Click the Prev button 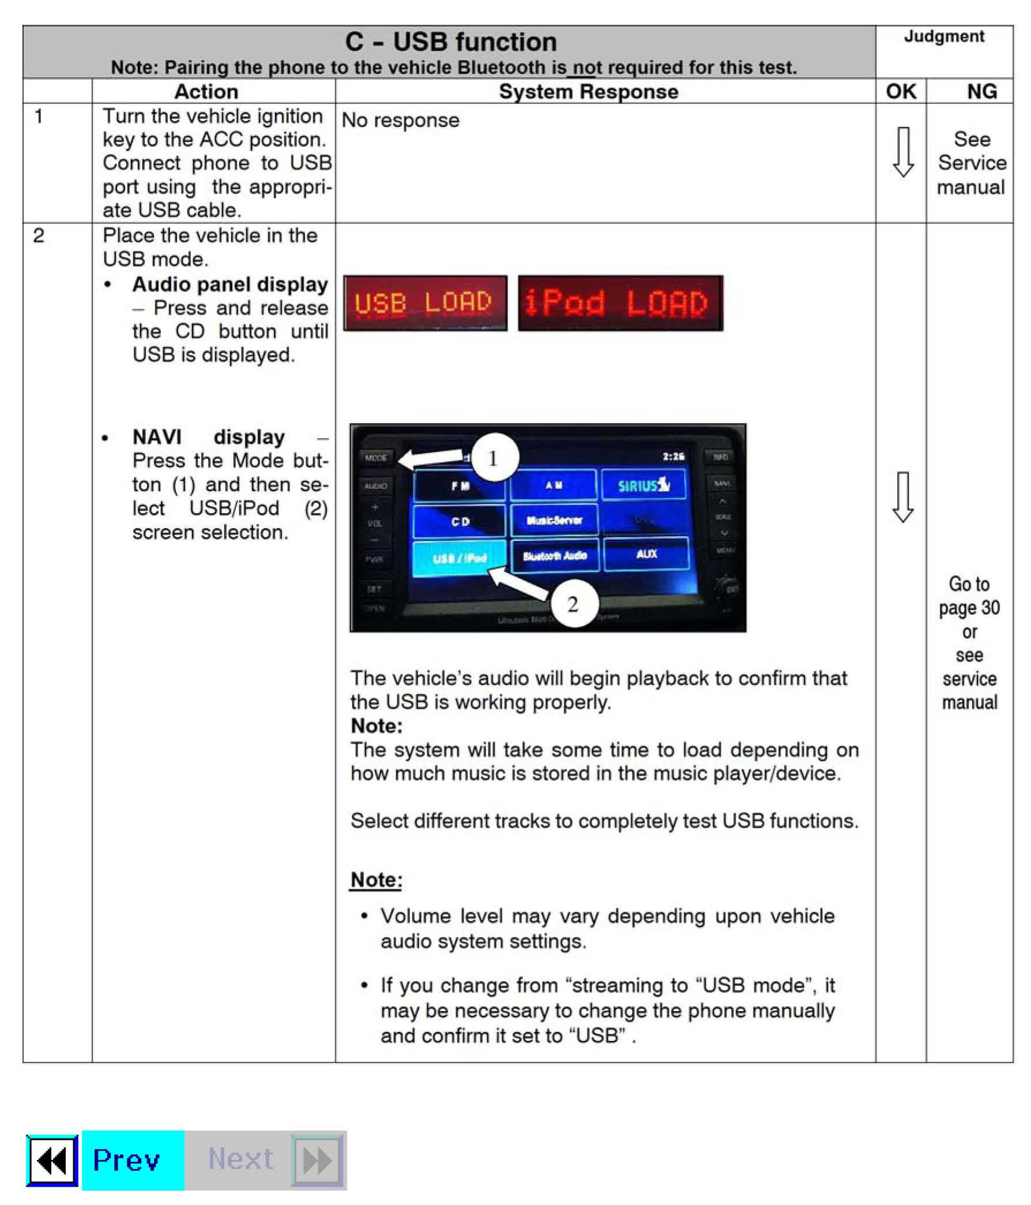click(x=132, y=1159)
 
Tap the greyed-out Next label click(x=240, y=1159)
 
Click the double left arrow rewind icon click(x=52, y=1161)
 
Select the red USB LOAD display click(x=424, y=303)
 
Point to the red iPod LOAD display click(x=620, y=303)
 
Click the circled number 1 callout click(x=494, y=458)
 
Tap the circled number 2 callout click(x=573, y=604)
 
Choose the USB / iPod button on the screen click(x=459, y=558)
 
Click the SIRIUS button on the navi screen click(x=644, y=485)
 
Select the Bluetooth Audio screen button click(x=555, y=556)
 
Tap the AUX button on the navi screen click(x=646, y=553)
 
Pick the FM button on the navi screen click(x=460, y=485)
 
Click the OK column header click(x=900, y=92)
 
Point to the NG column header click(x=981, y=92)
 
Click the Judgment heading click(x=943, y=36)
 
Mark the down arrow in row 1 click(x=902, y=152)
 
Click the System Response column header click(x=588, y=92)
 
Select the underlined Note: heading click(x=376, y=880)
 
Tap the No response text click(x=400, y=121)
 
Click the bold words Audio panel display click(x=230, y=285)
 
